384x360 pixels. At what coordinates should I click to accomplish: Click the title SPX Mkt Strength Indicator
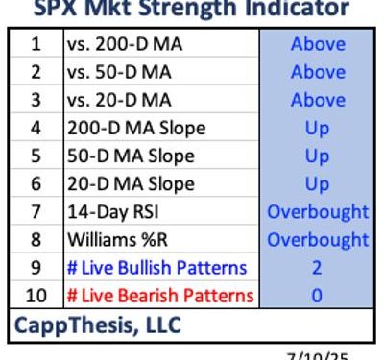click(192, 10)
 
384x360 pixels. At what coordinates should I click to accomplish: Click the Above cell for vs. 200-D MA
click(317, 44)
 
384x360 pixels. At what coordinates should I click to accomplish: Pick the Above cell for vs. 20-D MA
click(317, 100)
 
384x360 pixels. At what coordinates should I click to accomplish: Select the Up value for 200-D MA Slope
click(317, 128)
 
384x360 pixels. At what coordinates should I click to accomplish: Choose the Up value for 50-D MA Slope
click(317, 156)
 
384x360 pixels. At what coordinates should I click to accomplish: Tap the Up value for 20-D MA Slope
click(317, 183)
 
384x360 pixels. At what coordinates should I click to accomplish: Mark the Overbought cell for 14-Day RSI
click(317, 211)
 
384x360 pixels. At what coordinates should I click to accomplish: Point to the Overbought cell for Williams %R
click(317, 239)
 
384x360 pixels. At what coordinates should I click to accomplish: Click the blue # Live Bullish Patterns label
click(156, 268)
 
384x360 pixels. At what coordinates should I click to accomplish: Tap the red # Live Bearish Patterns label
click(158, 296)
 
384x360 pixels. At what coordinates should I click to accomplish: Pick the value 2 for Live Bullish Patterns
click(317, 268)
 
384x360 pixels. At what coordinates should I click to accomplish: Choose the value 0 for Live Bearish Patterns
click(317, 296)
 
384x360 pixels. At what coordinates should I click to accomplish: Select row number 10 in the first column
click(36, 296)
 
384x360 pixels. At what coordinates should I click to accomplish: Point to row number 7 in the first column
click(36, 211)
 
